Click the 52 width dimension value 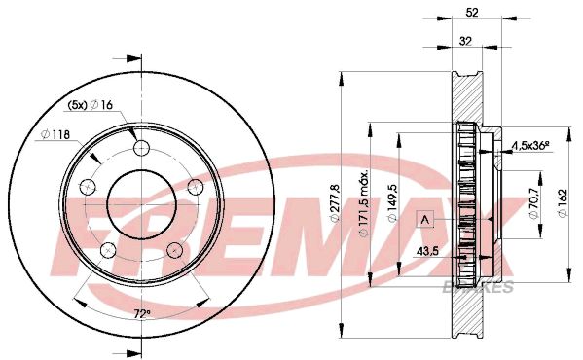click(x=472, y=13)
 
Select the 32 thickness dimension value click(x=465, y=41)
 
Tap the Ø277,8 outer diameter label click(x=335, y=202)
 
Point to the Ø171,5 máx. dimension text click(x=363, y=203)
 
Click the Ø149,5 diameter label click(x=392, y=203)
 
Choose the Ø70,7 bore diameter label click(x=534, y=202)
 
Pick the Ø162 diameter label click(x=563, y=203)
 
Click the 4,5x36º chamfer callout click(x=531, y=145)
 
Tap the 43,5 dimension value click(x=427, y=252)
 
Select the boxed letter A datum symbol click(x=425, y=219)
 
